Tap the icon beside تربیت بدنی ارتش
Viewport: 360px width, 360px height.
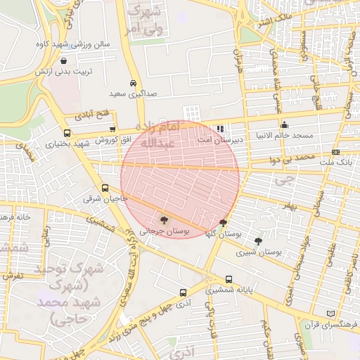click(x=65, y=61)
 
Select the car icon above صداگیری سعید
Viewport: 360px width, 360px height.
click(x=134, y=82)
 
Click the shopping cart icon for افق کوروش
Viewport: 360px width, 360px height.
click(x=112, y=129)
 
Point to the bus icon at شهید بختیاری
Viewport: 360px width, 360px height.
click(x=67, y=133)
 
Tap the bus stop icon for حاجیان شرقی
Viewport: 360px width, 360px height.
click(x=105, y=188)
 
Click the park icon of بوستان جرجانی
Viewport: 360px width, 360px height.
click(x=165, y=220)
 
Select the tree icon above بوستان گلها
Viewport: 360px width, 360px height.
click(x=223, y=224)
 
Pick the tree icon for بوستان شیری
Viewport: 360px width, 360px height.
click(x=258, y=241)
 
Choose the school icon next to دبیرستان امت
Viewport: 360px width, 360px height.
click(x=221, y=129)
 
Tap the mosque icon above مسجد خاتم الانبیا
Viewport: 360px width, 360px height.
click(x=284, y=124)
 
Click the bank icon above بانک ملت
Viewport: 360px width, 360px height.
click(x=335, y=152)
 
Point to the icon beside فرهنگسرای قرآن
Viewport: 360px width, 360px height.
click(x=330, y=313)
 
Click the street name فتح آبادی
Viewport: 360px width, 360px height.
click(x=93, y=113)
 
